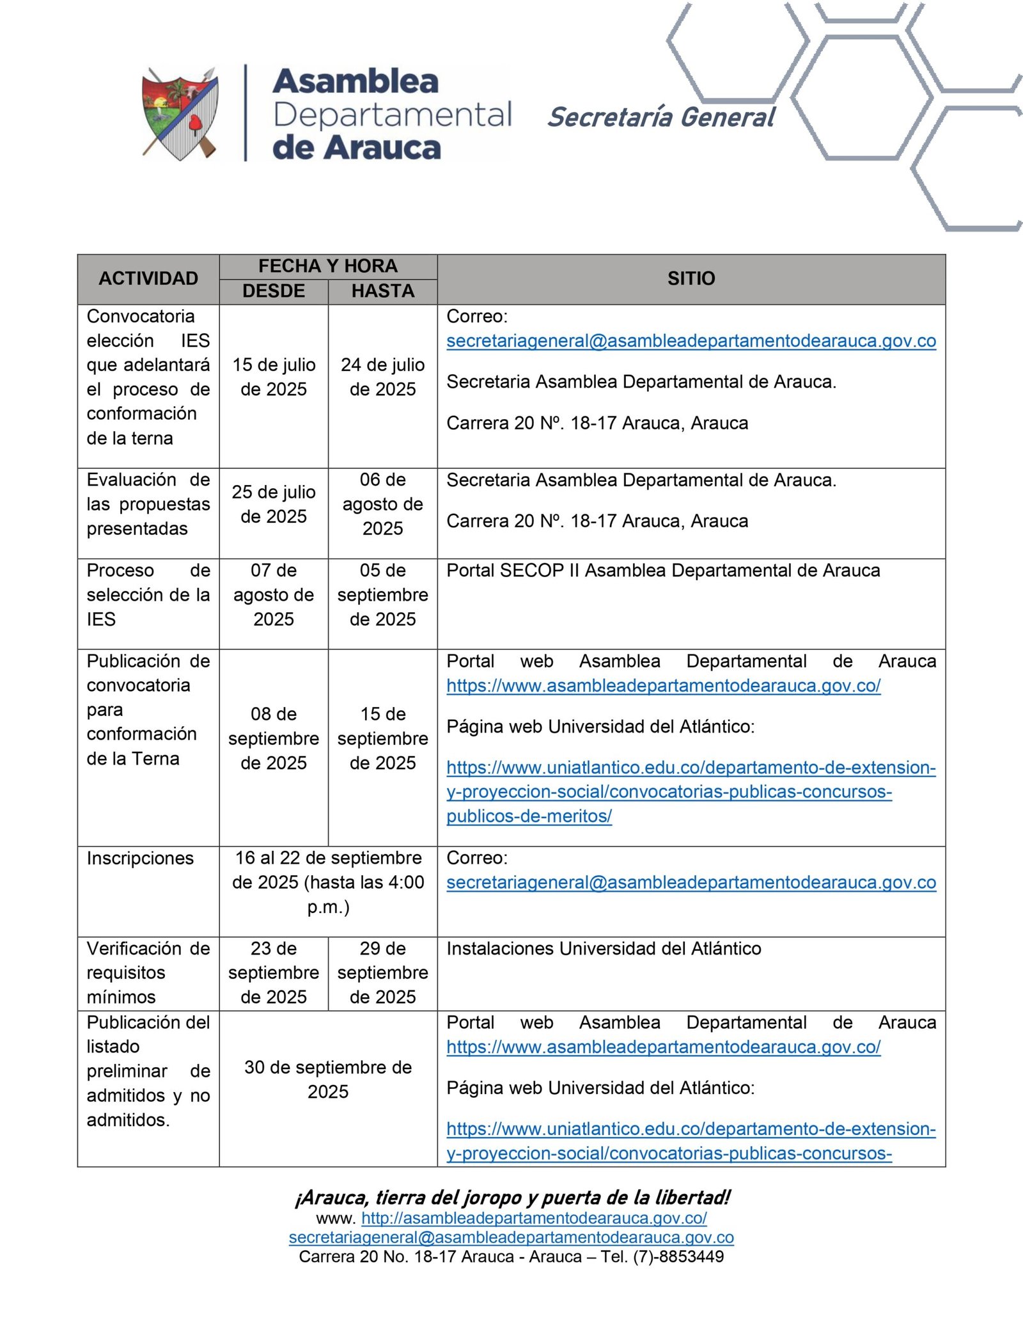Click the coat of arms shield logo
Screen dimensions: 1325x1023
click(180, 113)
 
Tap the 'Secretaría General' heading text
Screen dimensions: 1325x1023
click(661, 118)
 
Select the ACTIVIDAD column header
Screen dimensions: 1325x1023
click(148, 279)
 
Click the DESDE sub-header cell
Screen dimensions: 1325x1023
click(274, 291)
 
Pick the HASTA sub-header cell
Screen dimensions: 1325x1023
click(382, 291)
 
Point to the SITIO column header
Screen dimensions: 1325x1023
click(691, 279)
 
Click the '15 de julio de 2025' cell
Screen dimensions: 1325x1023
click(274, 377)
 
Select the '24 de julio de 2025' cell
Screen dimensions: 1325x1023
click(382, 377)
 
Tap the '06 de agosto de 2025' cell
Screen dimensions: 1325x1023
click(382, 504)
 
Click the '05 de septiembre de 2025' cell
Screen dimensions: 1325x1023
click(382, 595)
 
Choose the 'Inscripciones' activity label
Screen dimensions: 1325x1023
click(140, 858)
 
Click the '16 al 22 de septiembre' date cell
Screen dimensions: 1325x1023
click(328, 882)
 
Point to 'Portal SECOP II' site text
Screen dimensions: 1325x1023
click(663, 571)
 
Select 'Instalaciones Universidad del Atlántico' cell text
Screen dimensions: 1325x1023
click(604, 948)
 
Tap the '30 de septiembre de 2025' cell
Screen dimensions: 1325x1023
click(328, 1079)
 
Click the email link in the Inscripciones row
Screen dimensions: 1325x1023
click(691, 883)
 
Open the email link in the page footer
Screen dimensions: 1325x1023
click(511, 1237)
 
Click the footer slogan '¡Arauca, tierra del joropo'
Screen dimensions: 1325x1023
click(511, 1198)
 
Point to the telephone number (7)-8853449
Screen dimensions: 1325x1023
click(678, 1257)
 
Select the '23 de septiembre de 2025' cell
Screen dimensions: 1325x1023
click(274, 972)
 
